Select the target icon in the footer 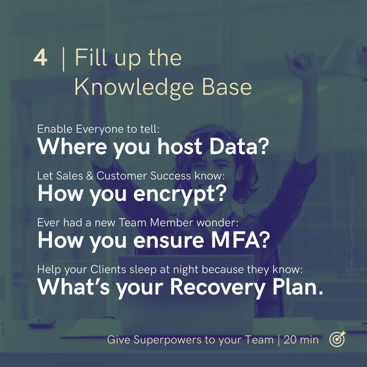pyautogui.click(x=337, y=339)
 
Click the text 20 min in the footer pyautogui.click(x=301, y=340)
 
